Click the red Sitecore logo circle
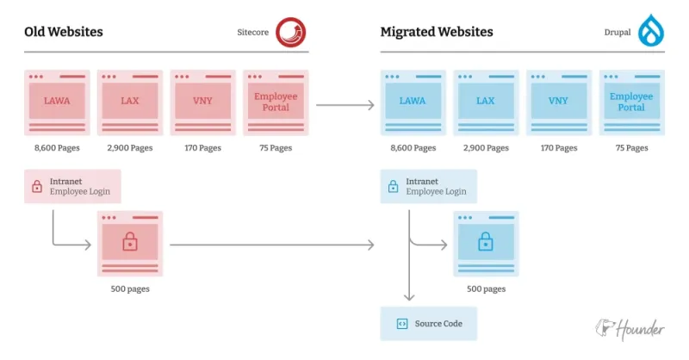tap(290, 32)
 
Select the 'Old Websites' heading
tap(63, 33)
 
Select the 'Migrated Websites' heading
tap(437, 33)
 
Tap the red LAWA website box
tap(57, 102)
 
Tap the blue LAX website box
tap(486, 102)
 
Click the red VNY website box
tap(203, 102)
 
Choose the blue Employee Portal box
tap(631, 102)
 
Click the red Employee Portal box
tap(276, 102)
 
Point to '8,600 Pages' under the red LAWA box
tap(57, 148)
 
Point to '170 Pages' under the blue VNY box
tap(558, 148)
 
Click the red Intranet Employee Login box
tap(72, 186)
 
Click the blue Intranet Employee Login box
tap(428, 186)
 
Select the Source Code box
tap(428, 324)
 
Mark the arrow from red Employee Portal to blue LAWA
tap(344, 105)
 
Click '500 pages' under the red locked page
tap(130, 289)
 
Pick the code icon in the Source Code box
tap(401, 324)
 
